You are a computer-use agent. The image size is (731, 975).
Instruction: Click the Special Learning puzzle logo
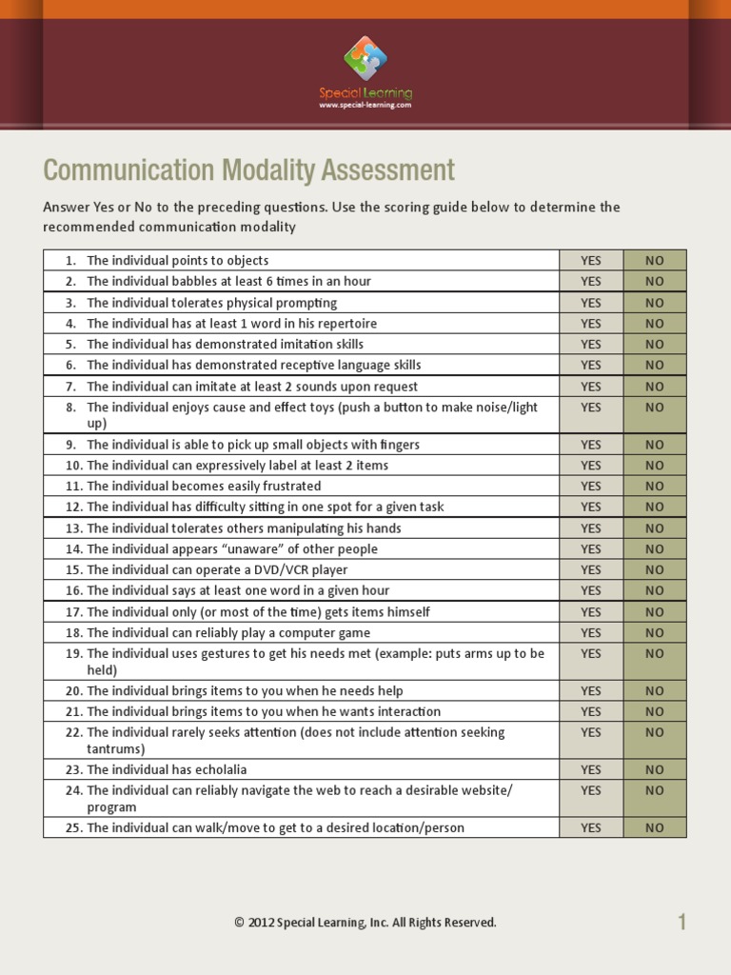(365, 59)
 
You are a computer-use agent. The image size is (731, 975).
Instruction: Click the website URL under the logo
(365, 106)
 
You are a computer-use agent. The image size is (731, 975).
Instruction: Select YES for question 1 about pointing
(591, 261)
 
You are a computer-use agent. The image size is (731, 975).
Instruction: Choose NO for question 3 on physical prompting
(655, 303)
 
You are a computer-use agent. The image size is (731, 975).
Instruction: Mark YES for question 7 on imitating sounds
(591, 387)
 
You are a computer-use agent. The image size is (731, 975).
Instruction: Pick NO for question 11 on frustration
(655, 487)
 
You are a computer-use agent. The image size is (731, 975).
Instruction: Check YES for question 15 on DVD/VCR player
(591, 570)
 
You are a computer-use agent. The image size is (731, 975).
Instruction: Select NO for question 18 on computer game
(655, 633)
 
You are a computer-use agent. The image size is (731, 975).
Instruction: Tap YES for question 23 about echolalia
(591, 769)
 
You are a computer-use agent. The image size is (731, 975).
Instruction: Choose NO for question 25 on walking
(655, 828)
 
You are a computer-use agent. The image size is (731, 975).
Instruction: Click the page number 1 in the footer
(682, 922)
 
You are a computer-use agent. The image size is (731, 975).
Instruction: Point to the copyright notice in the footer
(365, 923)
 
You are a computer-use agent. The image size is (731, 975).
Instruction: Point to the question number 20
(74, 691)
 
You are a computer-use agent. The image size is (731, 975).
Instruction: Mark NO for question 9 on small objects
(655, 445)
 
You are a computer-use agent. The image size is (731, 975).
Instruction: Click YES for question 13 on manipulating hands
(591, 528)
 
